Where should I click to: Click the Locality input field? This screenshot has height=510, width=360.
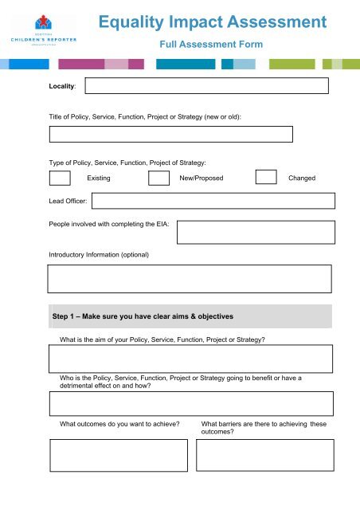[206, 86]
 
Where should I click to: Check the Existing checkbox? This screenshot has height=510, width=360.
[60, 177]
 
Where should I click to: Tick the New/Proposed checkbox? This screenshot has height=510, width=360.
[159, 177]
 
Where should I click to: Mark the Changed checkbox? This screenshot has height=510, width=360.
[266, 177]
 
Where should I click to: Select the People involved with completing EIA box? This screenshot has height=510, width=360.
[256, 232]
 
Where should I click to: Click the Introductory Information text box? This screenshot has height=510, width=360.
[190, 280]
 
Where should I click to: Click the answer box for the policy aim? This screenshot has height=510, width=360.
[190, 359]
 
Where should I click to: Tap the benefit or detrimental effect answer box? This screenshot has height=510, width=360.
[190, 404]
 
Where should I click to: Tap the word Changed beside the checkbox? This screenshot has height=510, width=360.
[302, 178]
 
